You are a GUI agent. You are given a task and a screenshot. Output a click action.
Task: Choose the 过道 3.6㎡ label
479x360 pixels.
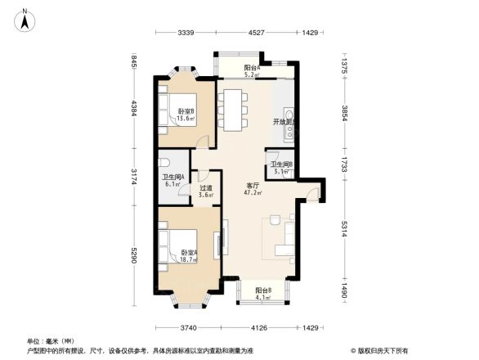coord(206,191)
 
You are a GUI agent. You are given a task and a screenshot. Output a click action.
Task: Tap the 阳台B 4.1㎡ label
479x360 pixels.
coord(262,295)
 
